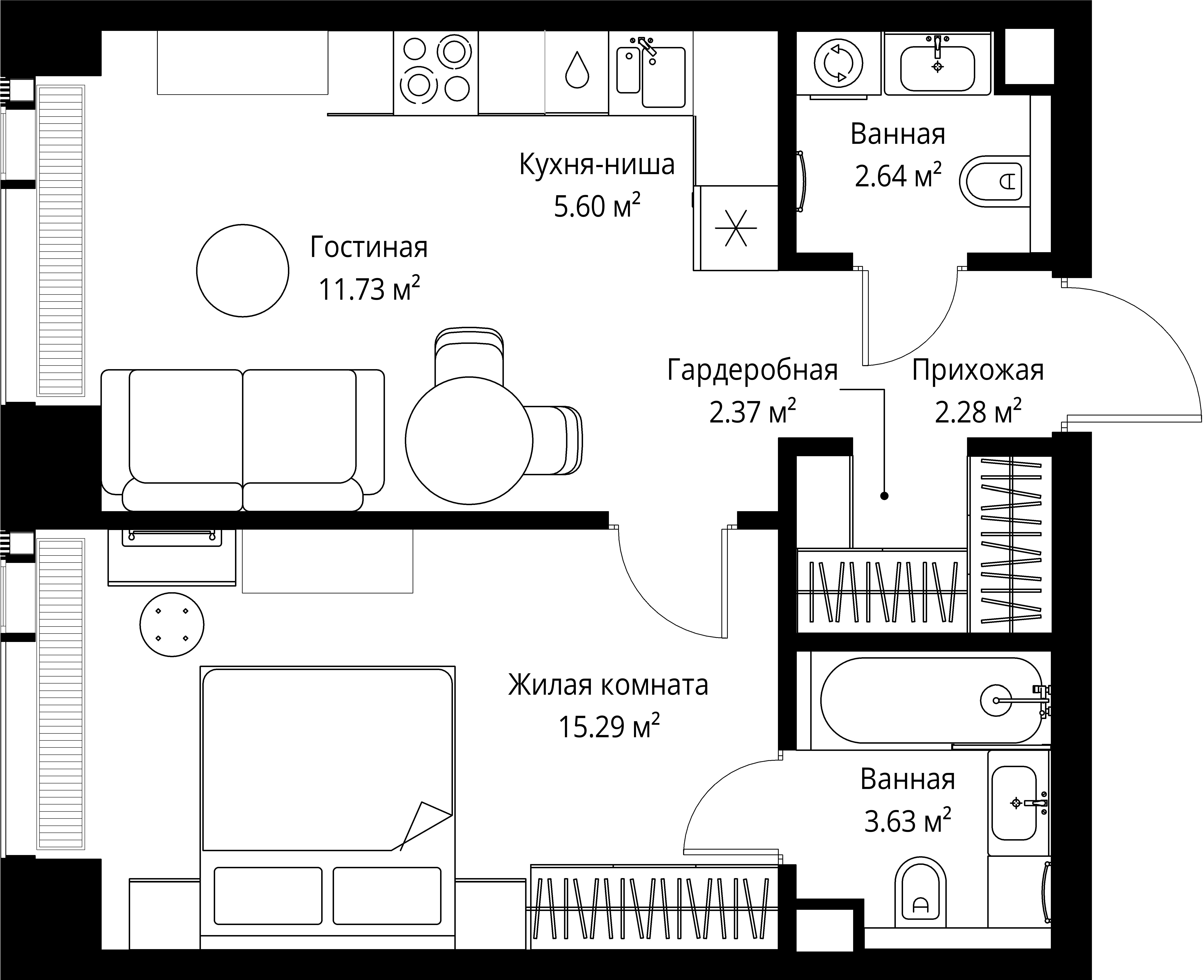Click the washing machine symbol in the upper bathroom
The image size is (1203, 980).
click(838, 63)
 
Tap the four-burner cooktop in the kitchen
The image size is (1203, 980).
click(436, 73)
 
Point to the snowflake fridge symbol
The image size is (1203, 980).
click(736, 228)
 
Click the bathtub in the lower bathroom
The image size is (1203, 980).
click(931, 700)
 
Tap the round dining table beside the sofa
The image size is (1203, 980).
click(469, 440)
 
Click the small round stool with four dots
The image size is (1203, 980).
click(172, 624)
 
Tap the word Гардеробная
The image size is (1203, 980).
click(752, 370)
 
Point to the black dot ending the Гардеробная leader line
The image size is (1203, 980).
click(884, 496)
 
